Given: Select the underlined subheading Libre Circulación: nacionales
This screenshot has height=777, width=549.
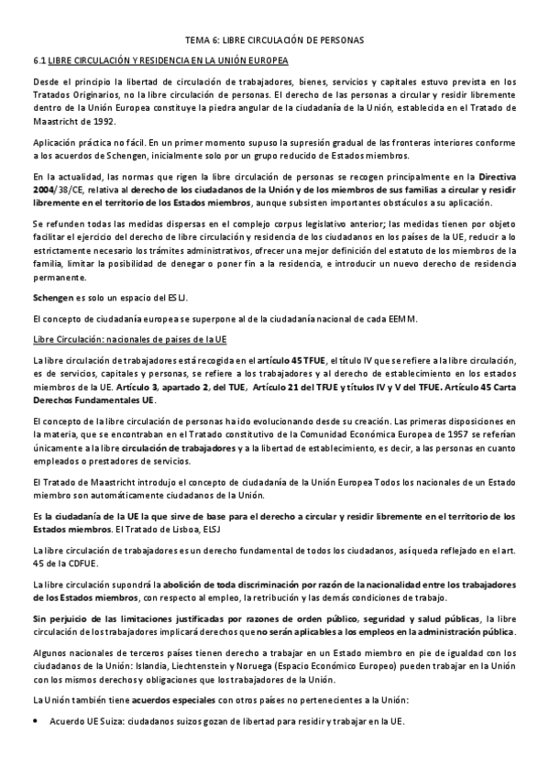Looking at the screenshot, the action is (129, 339).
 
